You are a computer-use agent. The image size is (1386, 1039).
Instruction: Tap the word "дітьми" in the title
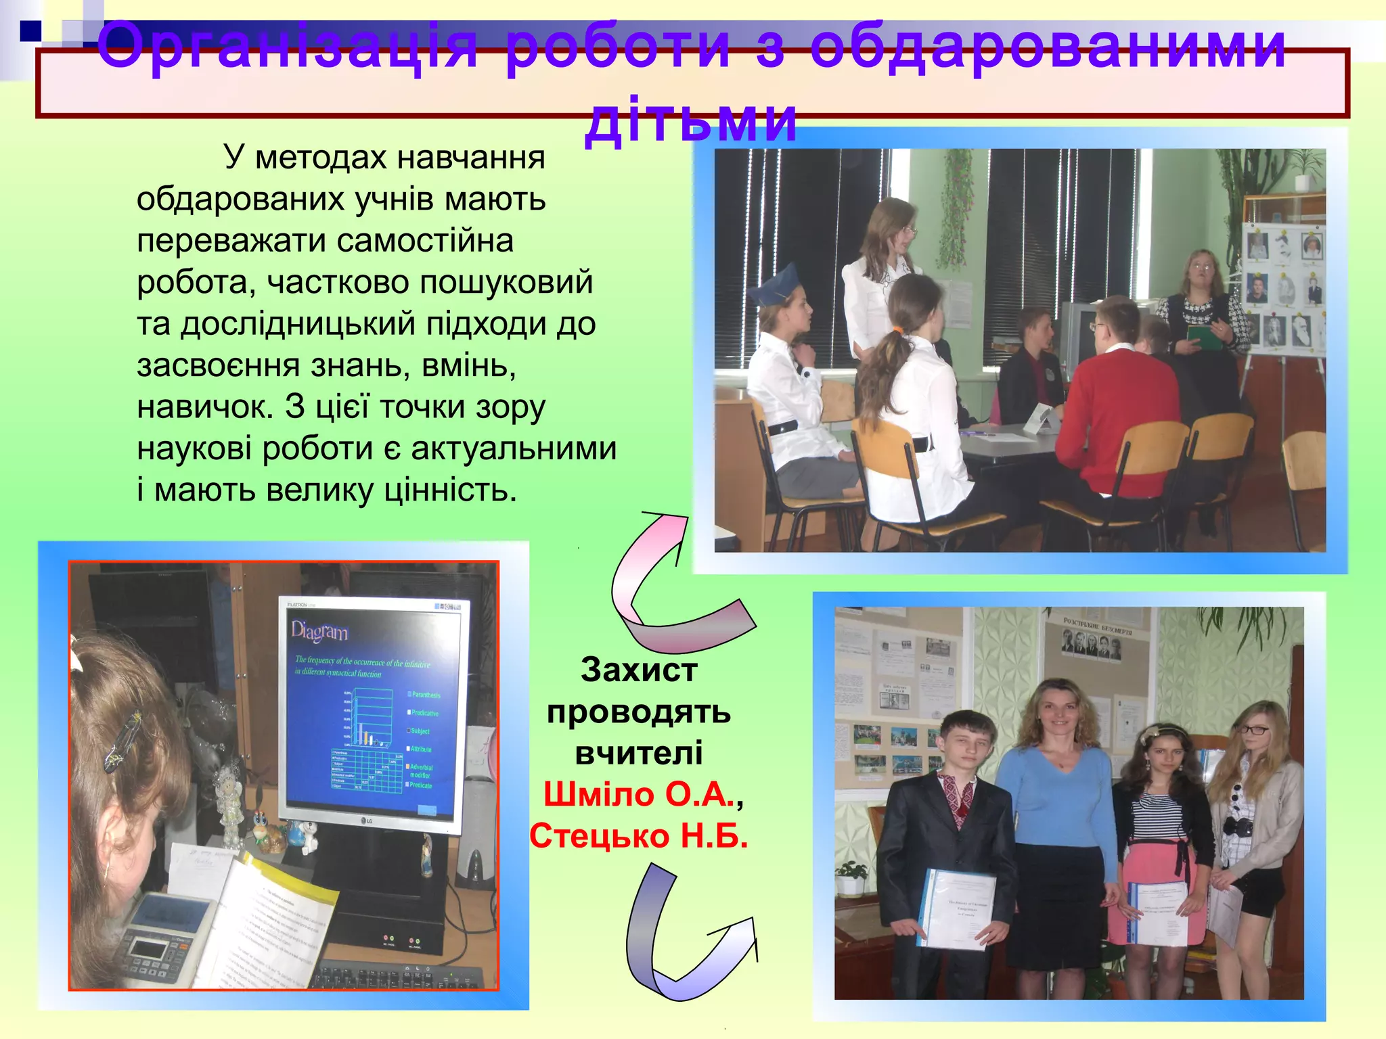click(x=690, y=120)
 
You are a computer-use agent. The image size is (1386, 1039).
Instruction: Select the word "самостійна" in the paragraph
click(x=426, y=241)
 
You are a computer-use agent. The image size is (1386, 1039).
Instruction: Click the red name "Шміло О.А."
click(x=638, y=794)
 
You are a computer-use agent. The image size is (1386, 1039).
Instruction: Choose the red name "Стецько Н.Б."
click(x=638, y=836)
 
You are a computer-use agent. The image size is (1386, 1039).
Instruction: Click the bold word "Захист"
click(x=638, y=670)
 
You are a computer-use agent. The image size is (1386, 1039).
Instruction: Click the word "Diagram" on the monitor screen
click(x=319, y=631)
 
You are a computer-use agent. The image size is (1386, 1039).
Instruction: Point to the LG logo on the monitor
click(x=365, y=821)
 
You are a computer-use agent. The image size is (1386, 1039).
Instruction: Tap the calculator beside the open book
click(x=162, y=937)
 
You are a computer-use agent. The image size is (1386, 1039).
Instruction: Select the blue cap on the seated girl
click(x=774, y=287)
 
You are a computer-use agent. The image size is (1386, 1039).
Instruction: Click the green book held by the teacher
click(x=1203, y=337)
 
